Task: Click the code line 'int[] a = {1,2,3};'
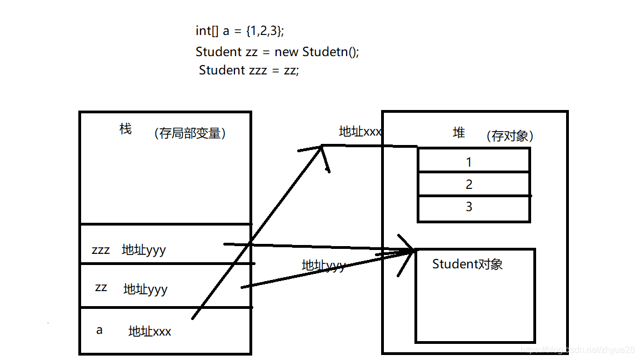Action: coord(239,32)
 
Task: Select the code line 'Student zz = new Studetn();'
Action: coord(277,52)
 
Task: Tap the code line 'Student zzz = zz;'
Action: coord(249,70)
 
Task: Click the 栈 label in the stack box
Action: coord(126,129)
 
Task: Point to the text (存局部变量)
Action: coord(190,133)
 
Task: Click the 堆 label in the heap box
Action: coord(459,133)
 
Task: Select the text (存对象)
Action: coord(509,136)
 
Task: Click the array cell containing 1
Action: coord(469,162)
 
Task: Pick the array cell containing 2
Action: coord(469,184)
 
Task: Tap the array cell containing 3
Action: coord(469,207)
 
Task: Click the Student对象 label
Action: coord(467,264)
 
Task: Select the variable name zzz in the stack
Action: coord(101,250)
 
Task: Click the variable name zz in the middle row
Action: coord(101,287)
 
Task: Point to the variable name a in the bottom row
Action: coord(99,330)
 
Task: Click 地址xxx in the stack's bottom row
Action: coord(149,332)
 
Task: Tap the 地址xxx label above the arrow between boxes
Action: coord(360,132)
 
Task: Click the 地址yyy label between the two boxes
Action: coord(323,266)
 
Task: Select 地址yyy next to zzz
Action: coord(143,250)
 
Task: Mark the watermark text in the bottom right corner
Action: coord(578,349)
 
